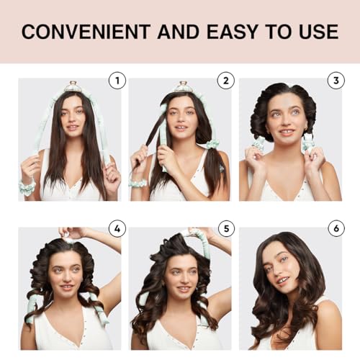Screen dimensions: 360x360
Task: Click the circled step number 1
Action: tap(117, 81)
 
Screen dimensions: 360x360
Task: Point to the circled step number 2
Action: tap(226, 81)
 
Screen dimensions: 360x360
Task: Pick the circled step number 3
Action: tap(336, 81)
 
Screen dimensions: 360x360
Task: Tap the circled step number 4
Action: tap(117, 230)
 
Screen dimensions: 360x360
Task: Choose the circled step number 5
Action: tap(226, 230)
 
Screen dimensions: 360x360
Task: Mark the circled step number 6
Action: tap(336, 230)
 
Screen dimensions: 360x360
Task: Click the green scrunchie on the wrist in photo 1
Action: tap(27, 189)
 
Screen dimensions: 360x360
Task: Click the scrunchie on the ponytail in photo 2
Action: tap(212, 144)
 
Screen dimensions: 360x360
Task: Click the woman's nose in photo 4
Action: tap(66, 278)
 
